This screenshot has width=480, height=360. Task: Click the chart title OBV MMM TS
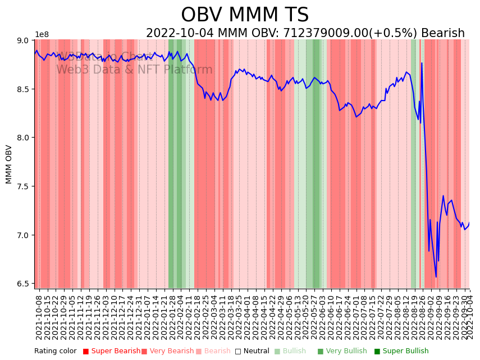point(245,15)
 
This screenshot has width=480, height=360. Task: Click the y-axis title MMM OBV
point(9,164)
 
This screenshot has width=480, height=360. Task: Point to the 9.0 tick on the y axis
point(25,40)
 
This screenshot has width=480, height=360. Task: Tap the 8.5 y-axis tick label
point(25,89)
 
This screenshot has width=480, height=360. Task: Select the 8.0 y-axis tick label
point(25,138)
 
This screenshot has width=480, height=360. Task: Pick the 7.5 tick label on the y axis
point(25,186)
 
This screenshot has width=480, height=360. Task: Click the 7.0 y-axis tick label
point(25,235)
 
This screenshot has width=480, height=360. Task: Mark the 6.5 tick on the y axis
point(25,284)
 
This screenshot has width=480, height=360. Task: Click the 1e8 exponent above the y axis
point(42,34)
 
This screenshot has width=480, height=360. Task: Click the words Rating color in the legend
point(56,352)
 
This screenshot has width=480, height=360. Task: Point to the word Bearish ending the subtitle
point(443,33)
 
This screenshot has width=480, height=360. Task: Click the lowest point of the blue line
point(436,277)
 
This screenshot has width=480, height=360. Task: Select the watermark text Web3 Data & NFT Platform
point(134,70)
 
